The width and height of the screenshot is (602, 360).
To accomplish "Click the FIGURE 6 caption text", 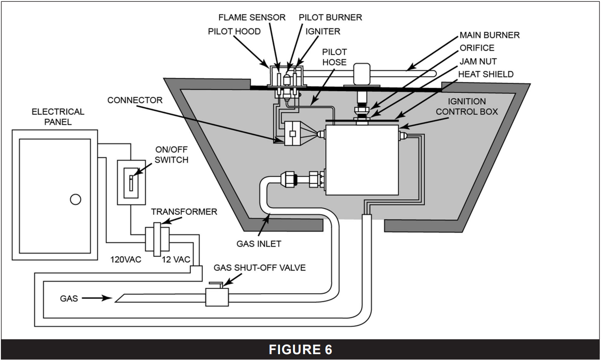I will point(300,350).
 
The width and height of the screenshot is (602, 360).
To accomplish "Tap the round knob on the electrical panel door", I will point(76,199).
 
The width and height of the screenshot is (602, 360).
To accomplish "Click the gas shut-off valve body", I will point(217,297).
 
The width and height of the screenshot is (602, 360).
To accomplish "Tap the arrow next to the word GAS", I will point(101,298).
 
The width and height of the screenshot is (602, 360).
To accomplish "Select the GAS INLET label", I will point(259,244).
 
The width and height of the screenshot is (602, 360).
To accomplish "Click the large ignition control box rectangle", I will point(362,160).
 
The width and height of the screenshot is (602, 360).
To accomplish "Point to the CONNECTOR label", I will point(135,100).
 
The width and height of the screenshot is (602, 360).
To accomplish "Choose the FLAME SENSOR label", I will point(252,18).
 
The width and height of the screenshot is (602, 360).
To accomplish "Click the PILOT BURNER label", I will point(331,18).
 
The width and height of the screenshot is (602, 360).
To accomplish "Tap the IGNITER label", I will point(323,32).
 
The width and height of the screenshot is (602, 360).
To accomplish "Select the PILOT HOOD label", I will point(234,32).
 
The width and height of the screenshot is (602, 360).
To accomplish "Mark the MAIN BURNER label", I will point(490,35).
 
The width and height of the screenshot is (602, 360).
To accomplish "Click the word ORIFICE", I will point(477,48).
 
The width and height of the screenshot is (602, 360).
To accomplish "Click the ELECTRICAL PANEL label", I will point(58,116).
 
